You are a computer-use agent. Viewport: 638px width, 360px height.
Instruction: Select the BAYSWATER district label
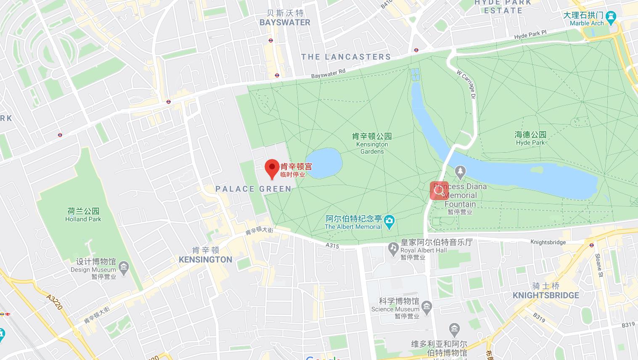pos(285,23)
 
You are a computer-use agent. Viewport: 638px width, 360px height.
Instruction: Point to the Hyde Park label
pos(530,138)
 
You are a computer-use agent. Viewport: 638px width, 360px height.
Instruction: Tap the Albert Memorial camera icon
pos(389,220)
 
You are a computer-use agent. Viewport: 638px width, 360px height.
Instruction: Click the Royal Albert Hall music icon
pos(393,248)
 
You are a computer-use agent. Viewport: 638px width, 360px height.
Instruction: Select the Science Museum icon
pos(426,306)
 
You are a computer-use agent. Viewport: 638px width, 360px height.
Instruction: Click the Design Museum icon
pos(124,267)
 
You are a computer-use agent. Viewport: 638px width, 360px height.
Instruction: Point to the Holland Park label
pos(83,214)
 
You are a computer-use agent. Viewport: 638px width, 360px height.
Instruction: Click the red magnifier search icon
pos(439,191)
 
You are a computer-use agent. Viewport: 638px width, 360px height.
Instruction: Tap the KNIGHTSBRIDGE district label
pos(545,295)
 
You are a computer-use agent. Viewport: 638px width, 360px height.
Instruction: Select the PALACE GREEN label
pos(253,189)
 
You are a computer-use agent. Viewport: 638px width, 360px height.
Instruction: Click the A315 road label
pos(332,245)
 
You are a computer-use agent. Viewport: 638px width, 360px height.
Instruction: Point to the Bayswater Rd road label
pos(328,74)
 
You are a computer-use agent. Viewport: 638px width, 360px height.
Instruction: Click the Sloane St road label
pos(599,262)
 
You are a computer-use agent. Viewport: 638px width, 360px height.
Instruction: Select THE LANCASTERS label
pos(346,57)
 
